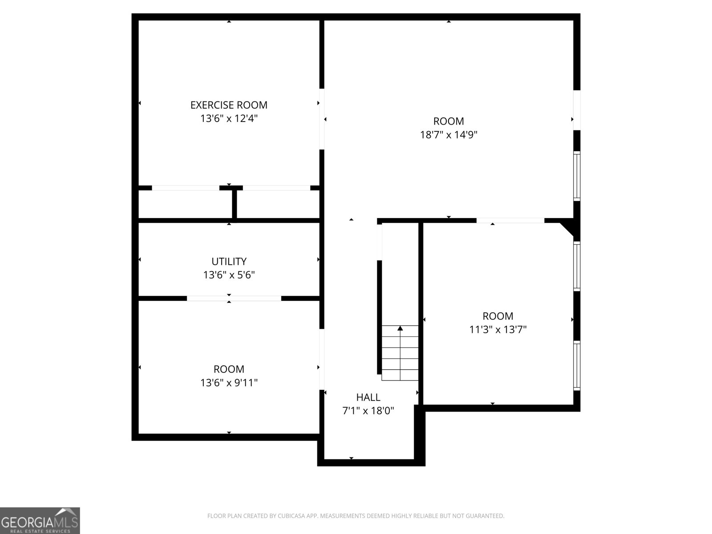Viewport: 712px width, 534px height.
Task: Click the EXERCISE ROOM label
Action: (229, 105)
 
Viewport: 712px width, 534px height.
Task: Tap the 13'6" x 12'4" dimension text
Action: (229, 119)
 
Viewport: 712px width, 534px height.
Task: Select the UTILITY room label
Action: (229, 261)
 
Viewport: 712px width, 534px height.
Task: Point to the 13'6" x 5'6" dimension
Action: (229, 275)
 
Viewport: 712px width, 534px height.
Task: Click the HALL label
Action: (368, 397)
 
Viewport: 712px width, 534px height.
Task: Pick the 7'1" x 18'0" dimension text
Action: (368, 411)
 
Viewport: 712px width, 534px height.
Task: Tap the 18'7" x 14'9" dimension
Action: (449, 134)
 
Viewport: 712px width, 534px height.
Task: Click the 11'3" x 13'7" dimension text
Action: (498, 329)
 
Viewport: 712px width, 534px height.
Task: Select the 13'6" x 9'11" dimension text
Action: (229, 383)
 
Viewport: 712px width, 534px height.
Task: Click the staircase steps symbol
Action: (400, 353)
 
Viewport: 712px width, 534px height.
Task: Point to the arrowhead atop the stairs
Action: (400, 328)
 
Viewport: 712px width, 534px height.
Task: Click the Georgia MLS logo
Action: (40, 520)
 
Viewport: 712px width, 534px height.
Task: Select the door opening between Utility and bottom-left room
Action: (234, 298)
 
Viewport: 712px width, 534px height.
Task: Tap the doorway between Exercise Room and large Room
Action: (322, 119)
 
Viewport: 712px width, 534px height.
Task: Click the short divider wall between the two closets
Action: (234, 204)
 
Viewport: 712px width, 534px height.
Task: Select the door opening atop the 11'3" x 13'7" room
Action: (510, 220)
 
